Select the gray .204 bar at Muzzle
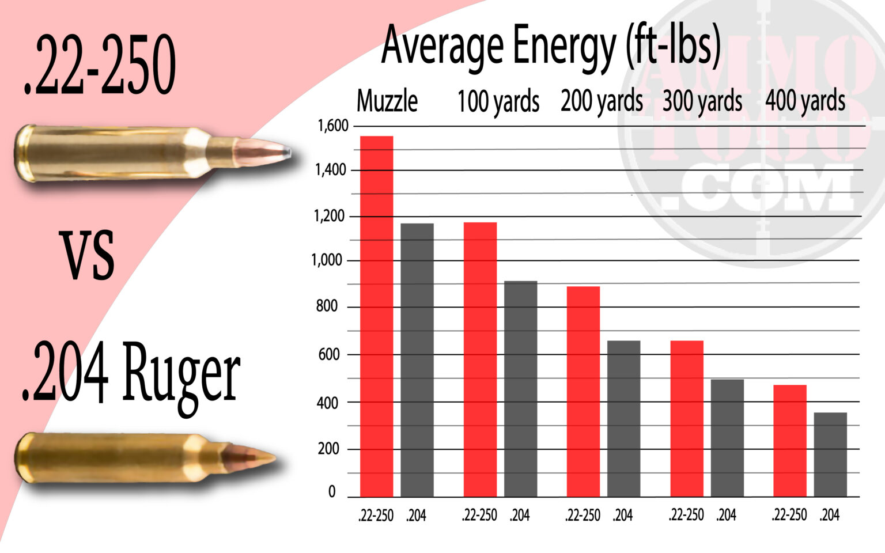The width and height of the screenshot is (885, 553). tap(417, 359)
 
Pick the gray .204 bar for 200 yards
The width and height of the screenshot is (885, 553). tap(623, 418)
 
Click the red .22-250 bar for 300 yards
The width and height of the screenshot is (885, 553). tap(687, 418)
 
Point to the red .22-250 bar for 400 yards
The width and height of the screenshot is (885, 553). tap(789, 440)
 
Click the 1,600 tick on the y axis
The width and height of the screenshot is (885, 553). tap(333, 126)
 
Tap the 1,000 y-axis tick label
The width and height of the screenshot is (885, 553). tap(327, 260)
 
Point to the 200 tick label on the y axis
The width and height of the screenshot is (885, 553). tap(328, 449)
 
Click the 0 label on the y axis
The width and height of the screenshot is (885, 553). tap(332, 492)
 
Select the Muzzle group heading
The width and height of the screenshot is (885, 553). tap(387, 101)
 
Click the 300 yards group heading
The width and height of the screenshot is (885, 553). tap(702, 102)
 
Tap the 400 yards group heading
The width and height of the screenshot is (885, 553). tap(805, 101)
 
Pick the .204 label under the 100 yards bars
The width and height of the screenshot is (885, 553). tap(519, 515)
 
